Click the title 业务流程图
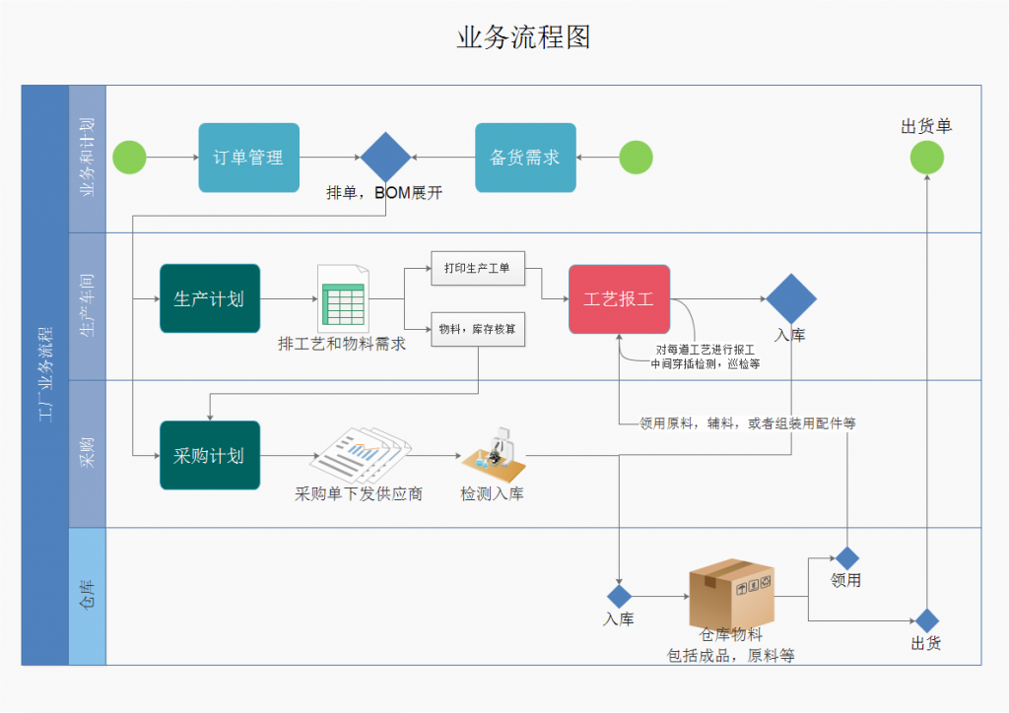tap(523, 37)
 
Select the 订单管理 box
tap(248, 158)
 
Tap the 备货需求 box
tap(525, 158)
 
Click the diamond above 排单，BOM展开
tap(385, 158)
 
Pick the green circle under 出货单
tap(926, 158)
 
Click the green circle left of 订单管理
tap(129, 158)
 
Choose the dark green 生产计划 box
tap(210, 298)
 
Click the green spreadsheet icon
tap(342, 298)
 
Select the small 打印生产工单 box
tap(478, 268)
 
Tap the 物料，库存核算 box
tap(478, 329)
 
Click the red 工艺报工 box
tap(619, 298)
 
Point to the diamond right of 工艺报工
tap(791, 298)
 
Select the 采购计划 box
tap(210, 455)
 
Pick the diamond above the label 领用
tap(846, 558)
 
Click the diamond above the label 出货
tap(926, 620)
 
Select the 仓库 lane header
tap(87, 596)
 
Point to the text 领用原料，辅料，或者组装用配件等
tap(747, 423)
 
